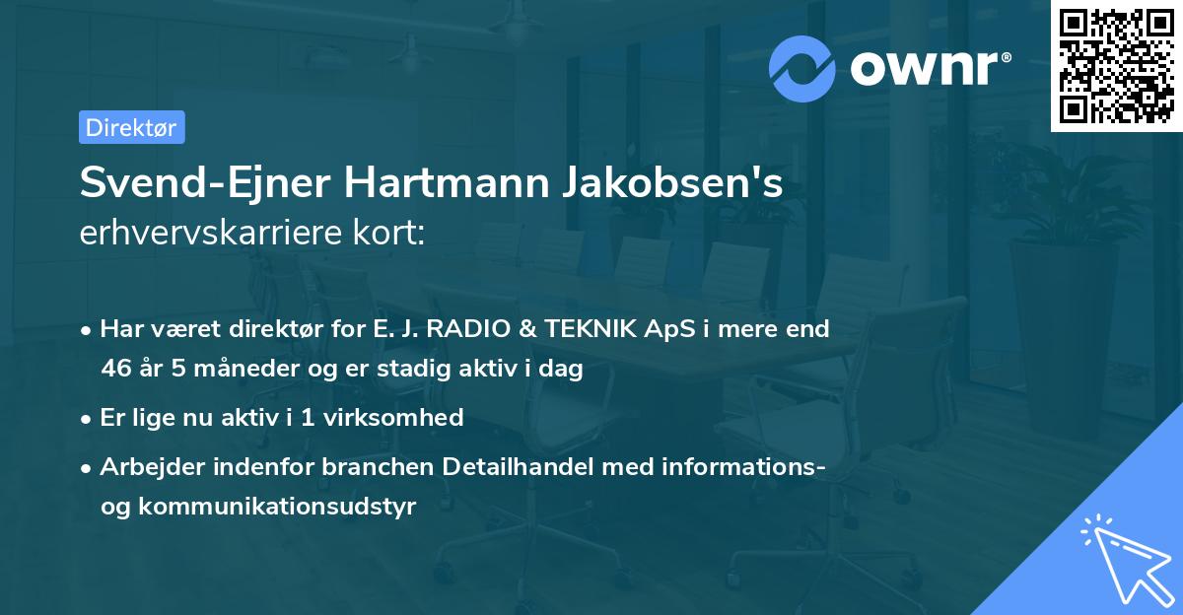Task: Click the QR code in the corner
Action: click(x=1116, y=65)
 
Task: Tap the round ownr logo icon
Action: click(x=803, y=68)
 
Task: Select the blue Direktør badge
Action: click(x=131, y=127)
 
